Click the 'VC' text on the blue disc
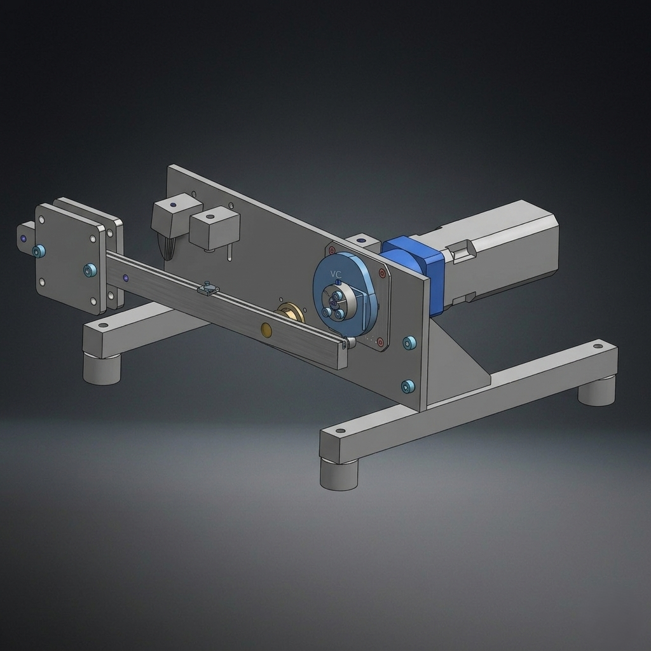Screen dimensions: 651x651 point(336,274)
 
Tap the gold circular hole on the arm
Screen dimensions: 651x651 point(266,329)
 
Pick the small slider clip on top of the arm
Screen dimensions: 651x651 point(208,289)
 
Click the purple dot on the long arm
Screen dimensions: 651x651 point(125,278)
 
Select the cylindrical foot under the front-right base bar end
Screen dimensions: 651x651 point(339,474)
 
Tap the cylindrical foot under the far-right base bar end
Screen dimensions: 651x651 point(596,390)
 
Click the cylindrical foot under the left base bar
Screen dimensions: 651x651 point(102,369)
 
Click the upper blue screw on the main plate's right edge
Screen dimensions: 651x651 point(409,343)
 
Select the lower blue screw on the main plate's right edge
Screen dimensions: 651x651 point(408,386)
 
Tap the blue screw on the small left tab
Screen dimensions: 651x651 point(39,251)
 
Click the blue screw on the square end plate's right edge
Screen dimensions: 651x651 point(90,270)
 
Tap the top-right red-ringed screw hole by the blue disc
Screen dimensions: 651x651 point(382,273)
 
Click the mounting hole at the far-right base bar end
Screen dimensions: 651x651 point(598,346)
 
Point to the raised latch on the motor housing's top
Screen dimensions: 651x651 point(461,251)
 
